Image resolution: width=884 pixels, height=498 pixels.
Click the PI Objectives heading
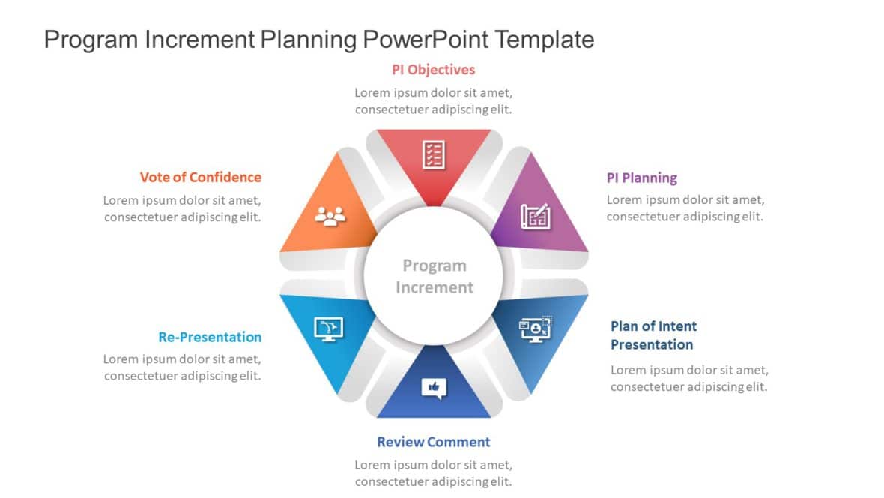click(x=433, y=70)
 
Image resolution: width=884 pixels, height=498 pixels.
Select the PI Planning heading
click(x=641, y=178)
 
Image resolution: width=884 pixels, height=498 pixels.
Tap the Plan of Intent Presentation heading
click(x=653, y=335)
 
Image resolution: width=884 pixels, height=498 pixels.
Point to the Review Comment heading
click(x=433, y=442)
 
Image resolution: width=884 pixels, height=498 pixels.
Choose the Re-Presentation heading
click(x=210, y=337)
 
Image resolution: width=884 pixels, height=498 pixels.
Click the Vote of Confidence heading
click(x=200, y=177)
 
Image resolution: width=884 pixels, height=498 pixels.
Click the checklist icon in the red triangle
click(x=434, y=154)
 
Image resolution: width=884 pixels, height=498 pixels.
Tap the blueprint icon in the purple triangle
click(x=535, y=216)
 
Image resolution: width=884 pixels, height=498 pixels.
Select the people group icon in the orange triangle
click(x=330, y=216)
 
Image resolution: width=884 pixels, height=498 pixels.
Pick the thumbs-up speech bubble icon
click(x=434, y=387)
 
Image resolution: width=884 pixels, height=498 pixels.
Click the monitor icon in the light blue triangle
click(x=328, y=328)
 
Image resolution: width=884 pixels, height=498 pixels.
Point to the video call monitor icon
click(x=536, y=328)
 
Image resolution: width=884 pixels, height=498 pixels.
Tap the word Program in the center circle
click(x=434, y=265)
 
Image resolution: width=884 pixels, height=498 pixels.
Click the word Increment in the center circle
click(x=434, y=287)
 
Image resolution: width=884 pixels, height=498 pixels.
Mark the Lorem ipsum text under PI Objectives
click(x=433, y=100)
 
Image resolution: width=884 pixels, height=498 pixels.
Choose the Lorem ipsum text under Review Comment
click(x=433, y=472)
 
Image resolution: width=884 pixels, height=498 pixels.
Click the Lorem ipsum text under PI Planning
click(x=685, y=208)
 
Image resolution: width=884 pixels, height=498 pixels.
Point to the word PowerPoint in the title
click(x=426, y=39)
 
